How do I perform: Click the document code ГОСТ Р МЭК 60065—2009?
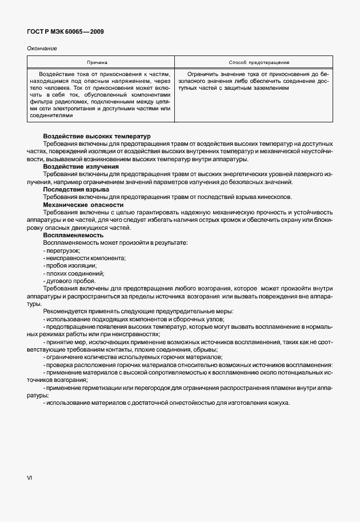pos(65,32)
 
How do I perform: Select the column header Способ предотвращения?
pos(258,62)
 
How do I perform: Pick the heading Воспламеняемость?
pos(73,235)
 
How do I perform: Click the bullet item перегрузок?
pos(63,250)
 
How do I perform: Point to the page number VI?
pos(30,477)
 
